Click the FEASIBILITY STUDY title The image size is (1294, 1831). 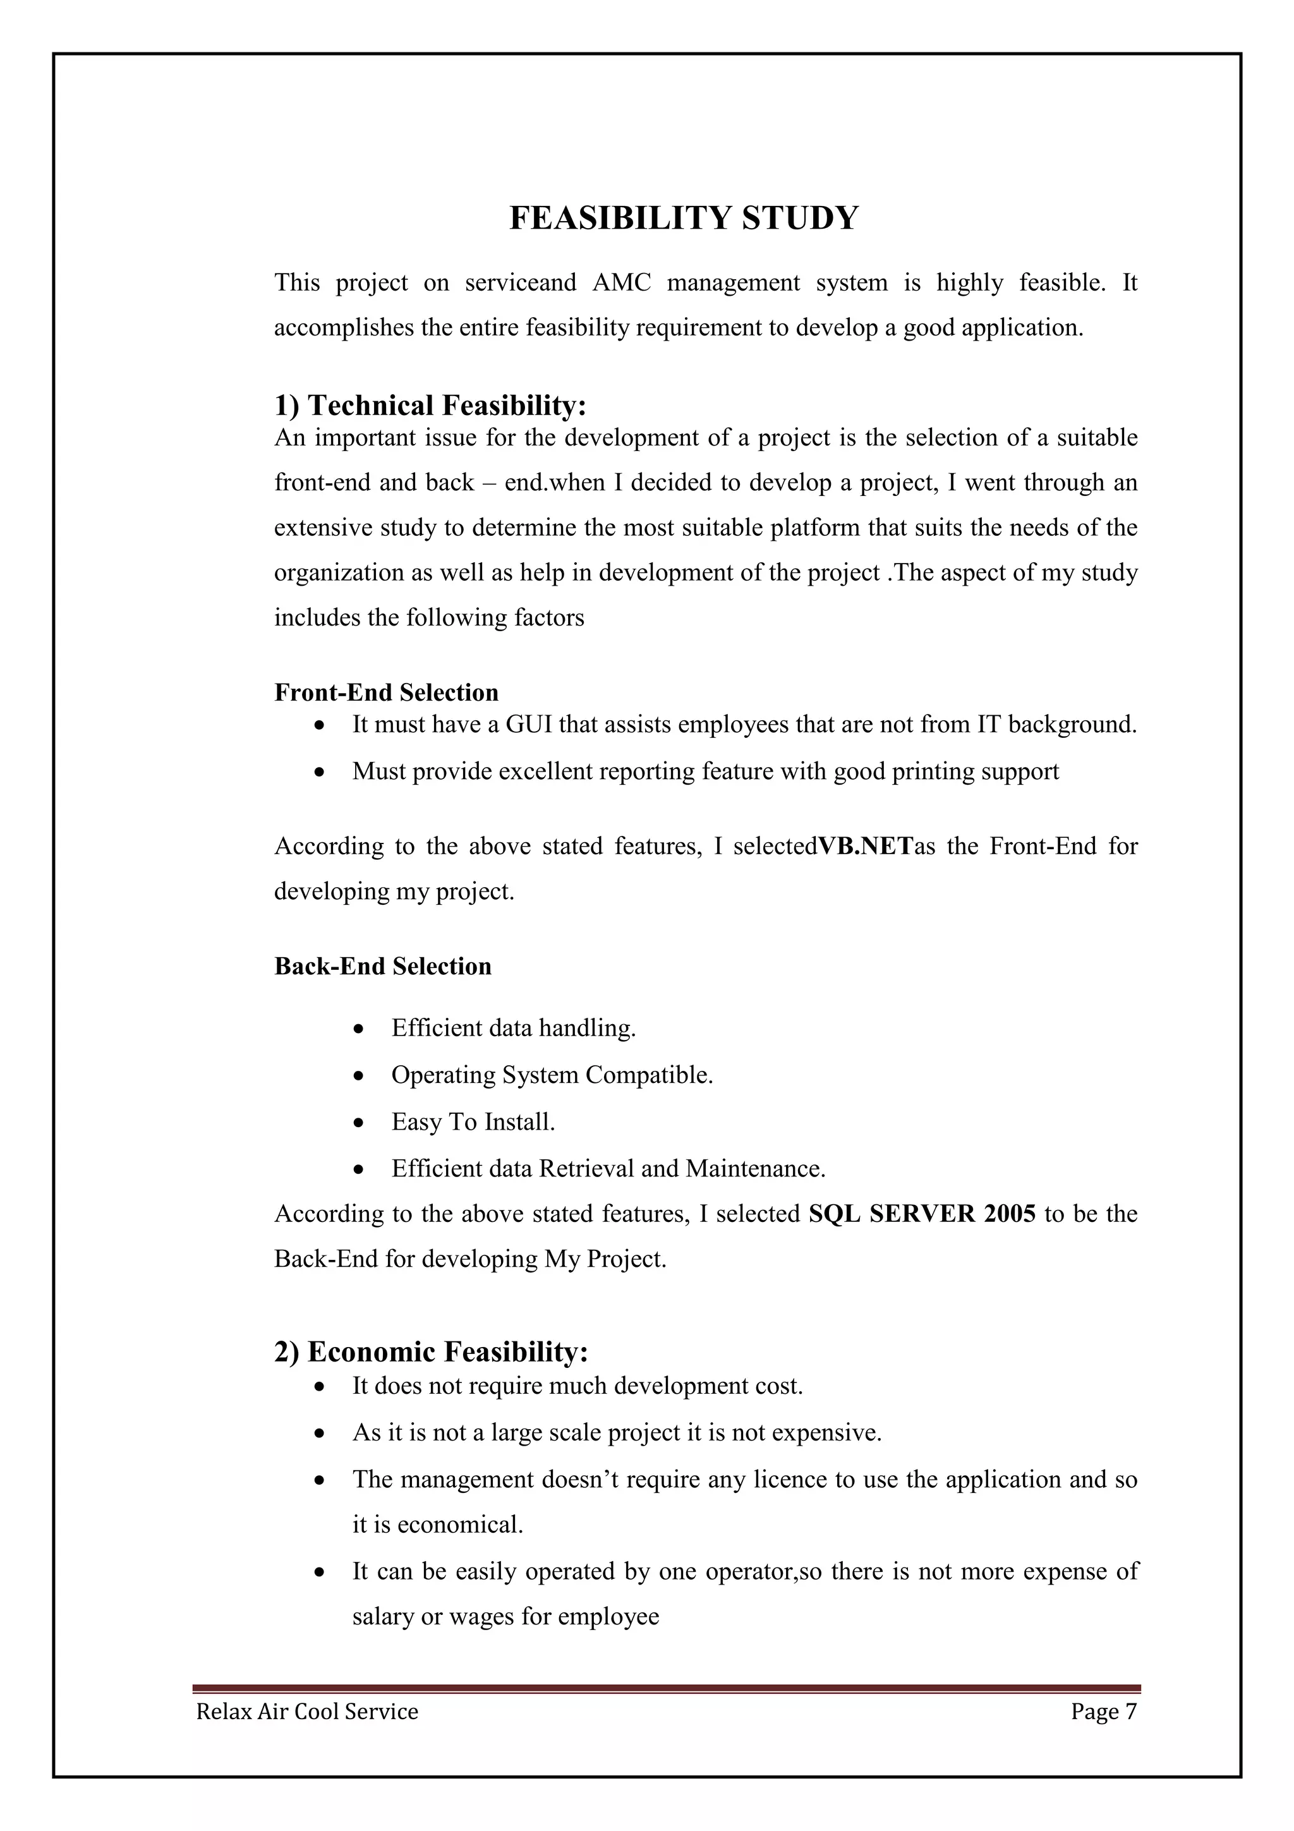(x=683, y=219)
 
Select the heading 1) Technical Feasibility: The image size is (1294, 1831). (x=430, y=406)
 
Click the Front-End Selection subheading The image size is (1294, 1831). (x=386, y=692)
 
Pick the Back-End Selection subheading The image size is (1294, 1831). (x=383, y=966)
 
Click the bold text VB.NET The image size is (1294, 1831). (x=866, y=846)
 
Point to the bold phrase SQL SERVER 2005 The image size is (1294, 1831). (x=922, y=1214)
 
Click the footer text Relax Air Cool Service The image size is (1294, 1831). (x=307, y=1712)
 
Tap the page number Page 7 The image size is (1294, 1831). (x=1103, y=1712)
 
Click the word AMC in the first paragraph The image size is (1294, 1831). (x=621, y=283)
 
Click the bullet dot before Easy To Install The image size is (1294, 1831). (x=360, y=1123)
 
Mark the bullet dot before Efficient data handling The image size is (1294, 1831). (x=360, y=1029)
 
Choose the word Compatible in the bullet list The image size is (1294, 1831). (x=648, y=1076)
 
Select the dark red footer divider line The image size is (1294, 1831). (x=666, y=1688)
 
